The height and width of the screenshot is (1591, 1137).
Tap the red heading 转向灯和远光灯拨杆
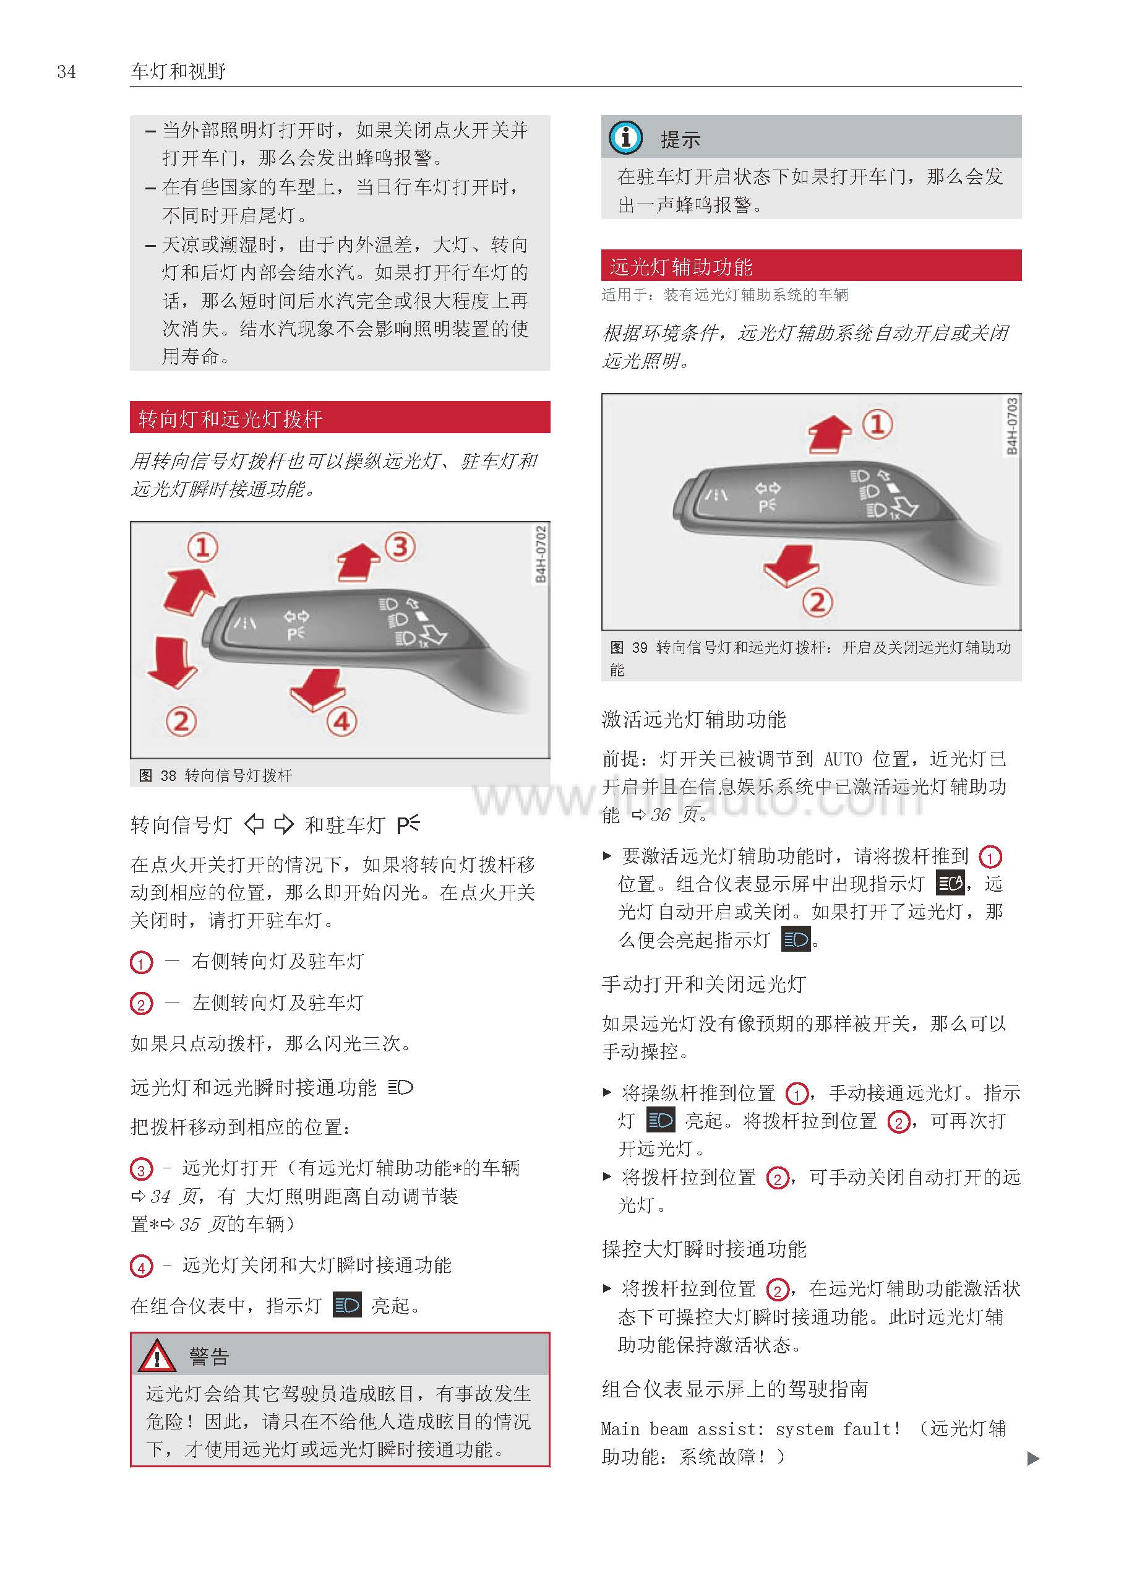click(230, 419)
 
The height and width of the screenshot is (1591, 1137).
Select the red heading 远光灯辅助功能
click(681, 266)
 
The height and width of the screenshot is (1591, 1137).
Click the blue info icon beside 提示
click(625, 137)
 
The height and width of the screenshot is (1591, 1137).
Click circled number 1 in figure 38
click(202, 548)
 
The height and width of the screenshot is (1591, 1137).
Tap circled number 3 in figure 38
click(400, 546)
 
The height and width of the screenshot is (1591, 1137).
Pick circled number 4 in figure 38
click(341, 722)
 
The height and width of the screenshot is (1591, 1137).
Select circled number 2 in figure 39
click(817, 602)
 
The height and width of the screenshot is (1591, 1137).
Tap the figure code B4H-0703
click(1011, 426)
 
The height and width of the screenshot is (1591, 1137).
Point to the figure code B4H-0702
click(541, 554)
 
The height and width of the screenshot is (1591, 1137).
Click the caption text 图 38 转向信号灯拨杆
click(216, 775)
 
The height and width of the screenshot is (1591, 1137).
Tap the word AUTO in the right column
click(843, 759)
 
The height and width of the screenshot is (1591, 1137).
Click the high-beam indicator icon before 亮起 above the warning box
click(346, 1305)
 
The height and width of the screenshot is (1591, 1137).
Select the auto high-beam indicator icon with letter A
click(951, 883)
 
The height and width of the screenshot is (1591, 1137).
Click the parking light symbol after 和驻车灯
click(408, 824)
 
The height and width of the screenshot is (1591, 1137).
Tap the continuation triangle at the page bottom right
click(1032, 1458)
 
